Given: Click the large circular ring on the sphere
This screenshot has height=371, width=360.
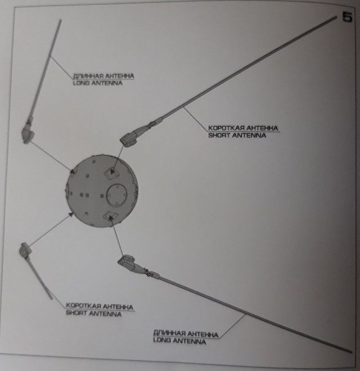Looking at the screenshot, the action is pyautogui.click(x=117, y=194).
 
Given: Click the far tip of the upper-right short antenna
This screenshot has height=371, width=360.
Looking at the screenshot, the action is pyautogui.click(x=336, y=18).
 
